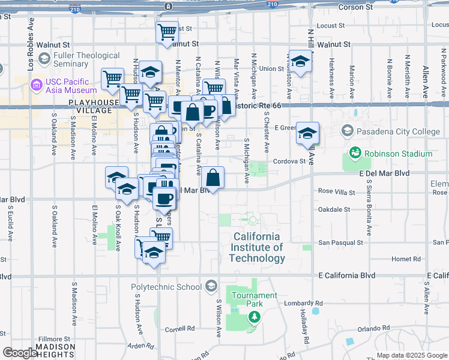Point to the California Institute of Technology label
(x=257, y=247)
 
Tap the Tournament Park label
(x=255, y=299)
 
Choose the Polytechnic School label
(x=166, y=287)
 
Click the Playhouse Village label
(x=94, y=106)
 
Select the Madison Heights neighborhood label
(x=55, y=350)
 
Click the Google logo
(x=20, y=353)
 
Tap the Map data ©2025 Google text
(x=412, y=355)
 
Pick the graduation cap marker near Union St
(x=301, y=60)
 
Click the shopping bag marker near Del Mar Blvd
(x=212, y=178)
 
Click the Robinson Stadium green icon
(x=355, y=154)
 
